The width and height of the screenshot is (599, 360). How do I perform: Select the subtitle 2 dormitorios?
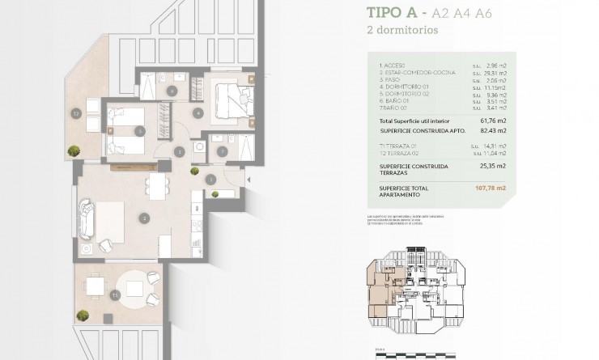click(x=403, y=31)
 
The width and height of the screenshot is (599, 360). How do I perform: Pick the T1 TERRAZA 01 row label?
click(x=401, y=145)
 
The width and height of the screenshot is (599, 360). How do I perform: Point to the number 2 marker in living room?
click(x=143, y=218)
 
